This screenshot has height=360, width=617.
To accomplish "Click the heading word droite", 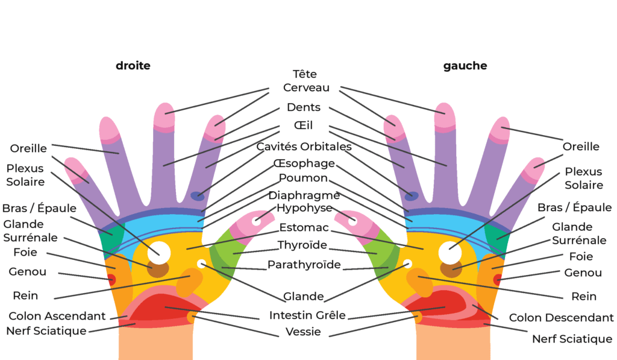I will pos(133,66).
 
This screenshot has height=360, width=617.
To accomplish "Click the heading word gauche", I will pos(465,66).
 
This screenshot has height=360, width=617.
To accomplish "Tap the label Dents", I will pos(304,107).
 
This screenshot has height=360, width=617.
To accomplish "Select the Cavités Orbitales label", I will pos(304,146).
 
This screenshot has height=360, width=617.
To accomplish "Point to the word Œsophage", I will pos(304,163).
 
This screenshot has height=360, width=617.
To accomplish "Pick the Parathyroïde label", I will pos(304,265).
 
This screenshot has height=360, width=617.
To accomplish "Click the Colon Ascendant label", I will pos(57,316).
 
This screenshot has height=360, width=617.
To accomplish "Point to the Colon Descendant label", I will pos(562,318).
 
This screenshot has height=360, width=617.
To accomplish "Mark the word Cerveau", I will pos(306,87).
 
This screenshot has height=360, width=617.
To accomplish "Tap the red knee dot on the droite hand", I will pos(111,279).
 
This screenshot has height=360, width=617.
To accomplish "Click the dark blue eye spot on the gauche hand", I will pos(412,195).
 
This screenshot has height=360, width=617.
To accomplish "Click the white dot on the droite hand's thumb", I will pos(256,221).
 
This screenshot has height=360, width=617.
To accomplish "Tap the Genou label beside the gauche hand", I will pos(583,273).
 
